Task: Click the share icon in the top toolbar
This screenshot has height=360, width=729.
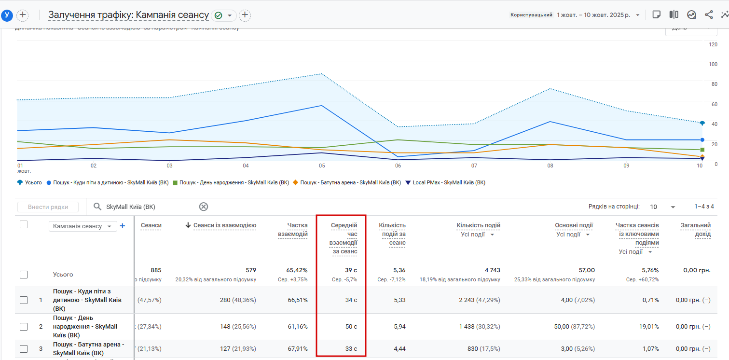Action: tap(709, 14)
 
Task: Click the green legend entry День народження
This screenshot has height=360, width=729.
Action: tap(230, 183)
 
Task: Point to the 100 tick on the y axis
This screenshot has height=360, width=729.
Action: tap(713, 64)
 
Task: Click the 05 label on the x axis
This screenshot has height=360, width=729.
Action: tap(321, 166)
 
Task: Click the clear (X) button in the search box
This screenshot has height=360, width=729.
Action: tap(204, 207)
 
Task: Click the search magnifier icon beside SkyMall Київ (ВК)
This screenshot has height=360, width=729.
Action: tap(97, 207)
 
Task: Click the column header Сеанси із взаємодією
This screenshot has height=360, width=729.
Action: tap(224, 225)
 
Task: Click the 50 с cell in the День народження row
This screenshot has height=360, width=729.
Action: tap(351, 327)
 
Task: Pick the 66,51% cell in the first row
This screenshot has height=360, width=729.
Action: tap(297, 300)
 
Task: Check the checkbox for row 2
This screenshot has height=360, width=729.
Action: tap(24, 327)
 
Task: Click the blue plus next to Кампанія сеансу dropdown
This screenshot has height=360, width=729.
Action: tap(123, 226)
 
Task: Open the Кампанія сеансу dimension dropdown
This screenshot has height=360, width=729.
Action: tap(83, 226)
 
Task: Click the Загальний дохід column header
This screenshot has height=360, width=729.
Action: tap(695, 230)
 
